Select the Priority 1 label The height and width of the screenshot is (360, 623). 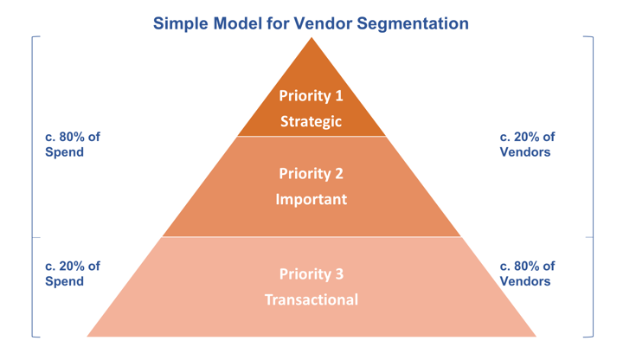click(311, 96)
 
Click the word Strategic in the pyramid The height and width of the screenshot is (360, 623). click(311, 122)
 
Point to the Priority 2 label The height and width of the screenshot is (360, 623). click(311, 173)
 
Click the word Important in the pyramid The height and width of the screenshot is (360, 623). click(311, 199)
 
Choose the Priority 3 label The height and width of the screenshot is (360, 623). click(311, 274)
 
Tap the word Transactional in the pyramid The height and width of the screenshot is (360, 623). click(311, 300)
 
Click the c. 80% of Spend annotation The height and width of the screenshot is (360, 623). click(72, 145)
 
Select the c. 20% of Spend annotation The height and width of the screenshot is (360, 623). click(72, 273)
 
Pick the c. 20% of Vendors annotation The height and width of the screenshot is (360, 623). click(528, 145)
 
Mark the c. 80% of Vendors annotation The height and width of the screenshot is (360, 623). click(528, 273)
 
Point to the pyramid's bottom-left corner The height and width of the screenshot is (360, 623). click(87, 337)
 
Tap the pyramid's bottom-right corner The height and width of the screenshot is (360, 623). click(536, 337)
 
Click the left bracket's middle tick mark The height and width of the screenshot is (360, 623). click(35, 236)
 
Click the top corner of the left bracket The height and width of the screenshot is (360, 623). click(32, 37)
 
